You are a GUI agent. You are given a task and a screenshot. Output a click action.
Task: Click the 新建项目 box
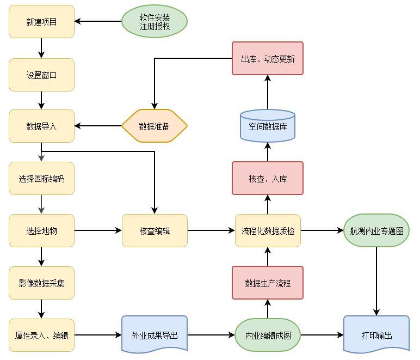pyautogui.click(x=41, y=22)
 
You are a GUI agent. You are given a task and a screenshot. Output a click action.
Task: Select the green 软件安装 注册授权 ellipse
pyautogui.click(x=155, y=22)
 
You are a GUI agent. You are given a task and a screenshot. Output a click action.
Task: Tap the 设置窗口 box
pyautogui.click(x=41, y=75)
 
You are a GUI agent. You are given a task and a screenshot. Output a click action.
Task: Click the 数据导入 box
pyautogui.click(x=41, y=126)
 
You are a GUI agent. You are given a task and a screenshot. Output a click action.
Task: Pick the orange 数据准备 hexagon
pyautogui.click(x=155, y=126)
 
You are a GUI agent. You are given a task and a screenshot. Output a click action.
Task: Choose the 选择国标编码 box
pyautogui.click(x=41, y=178)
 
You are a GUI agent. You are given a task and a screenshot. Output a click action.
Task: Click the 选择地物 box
pyautogui.click(x=41, y=230)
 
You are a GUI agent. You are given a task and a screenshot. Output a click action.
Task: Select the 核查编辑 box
pyautogui.click(x=155, y=230)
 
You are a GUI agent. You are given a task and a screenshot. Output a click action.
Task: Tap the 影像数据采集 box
pyautogui.click(x=41, y=283)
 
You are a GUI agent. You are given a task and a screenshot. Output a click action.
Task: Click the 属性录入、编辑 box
pyautogui.click(x=41, y=335)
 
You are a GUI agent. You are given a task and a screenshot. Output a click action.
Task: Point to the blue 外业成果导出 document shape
pyautogui.click(x=155, y=334)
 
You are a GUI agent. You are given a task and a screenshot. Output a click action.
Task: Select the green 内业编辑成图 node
pyautogui.click(x=268, y=335)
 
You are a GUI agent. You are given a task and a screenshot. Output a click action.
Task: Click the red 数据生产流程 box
pyautogui.click(x=268, y=283)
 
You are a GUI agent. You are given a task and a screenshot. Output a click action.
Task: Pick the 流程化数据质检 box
pyautogui.click(x=268, y=230)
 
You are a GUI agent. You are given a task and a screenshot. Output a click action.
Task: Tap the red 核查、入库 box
pyautogui.click(x=268, y=178)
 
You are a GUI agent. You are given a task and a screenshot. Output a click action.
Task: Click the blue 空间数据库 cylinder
pyautogui.click(x=268, y=126)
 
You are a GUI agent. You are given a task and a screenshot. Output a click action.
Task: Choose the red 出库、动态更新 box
pyautogui.click(x=268, y=58)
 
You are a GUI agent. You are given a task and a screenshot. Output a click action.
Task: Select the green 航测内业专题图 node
pyautogui.click(x=376, y=230)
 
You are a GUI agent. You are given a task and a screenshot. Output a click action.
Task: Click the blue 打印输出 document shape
pyautogui.click(x=376, y=334)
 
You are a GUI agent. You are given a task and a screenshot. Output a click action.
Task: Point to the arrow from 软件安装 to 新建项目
pyautogui.click(x=98, y=22)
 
